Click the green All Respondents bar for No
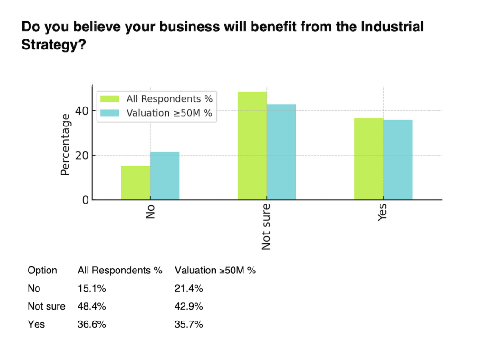point(136,183)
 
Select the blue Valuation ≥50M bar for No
point(165,175)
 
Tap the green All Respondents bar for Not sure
point(252,146)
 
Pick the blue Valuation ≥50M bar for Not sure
point(281,152)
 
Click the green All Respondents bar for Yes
point(369,159)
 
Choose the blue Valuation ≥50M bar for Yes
point(398,160)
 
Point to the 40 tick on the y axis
point(82,111)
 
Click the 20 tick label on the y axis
point(82,156)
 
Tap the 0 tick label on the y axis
point(85,200)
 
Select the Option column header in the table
point(42,271)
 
